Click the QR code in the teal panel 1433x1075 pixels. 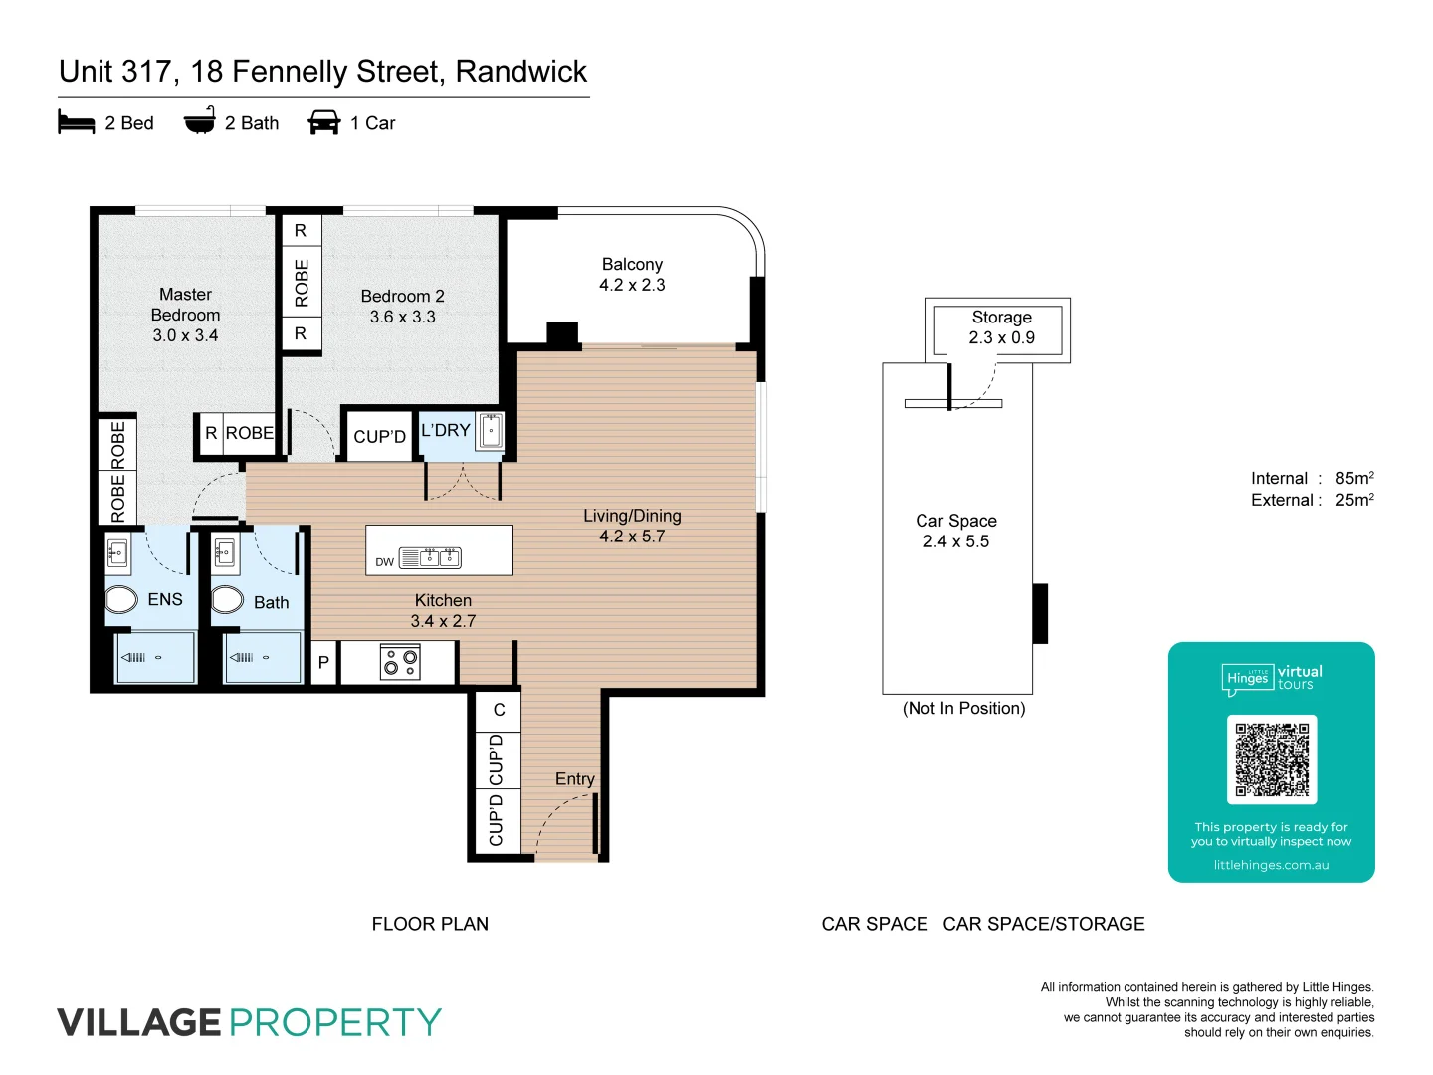tap(1272, 759)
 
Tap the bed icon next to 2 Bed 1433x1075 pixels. tap(77, 122)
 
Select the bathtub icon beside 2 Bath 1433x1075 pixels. tap(199, 121)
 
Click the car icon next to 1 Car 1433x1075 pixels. tap(324, 122)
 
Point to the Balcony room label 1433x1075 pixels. tap(632, 265)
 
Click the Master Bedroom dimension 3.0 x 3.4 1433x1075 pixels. tap(185, 335)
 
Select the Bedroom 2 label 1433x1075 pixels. tap(402, 297)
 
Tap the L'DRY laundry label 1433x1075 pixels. tap(445, 431)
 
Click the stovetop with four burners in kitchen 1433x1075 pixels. tap(400, 662)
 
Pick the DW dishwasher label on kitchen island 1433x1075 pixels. tap(384, 562)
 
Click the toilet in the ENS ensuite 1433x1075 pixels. tap(121, 599)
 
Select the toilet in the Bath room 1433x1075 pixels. tap(228, 599)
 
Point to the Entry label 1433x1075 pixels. tap(574, 779)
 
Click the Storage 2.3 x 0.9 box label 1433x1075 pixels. tap(1001, 327)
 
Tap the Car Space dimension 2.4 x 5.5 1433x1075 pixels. tap(955, 541)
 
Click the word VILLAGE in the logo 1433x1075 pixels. tap(139, 1022)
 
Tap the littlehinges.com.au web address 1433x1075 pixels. tap(1271, 865)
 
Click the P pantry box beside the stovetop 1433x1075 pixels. tap(323, 662)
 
